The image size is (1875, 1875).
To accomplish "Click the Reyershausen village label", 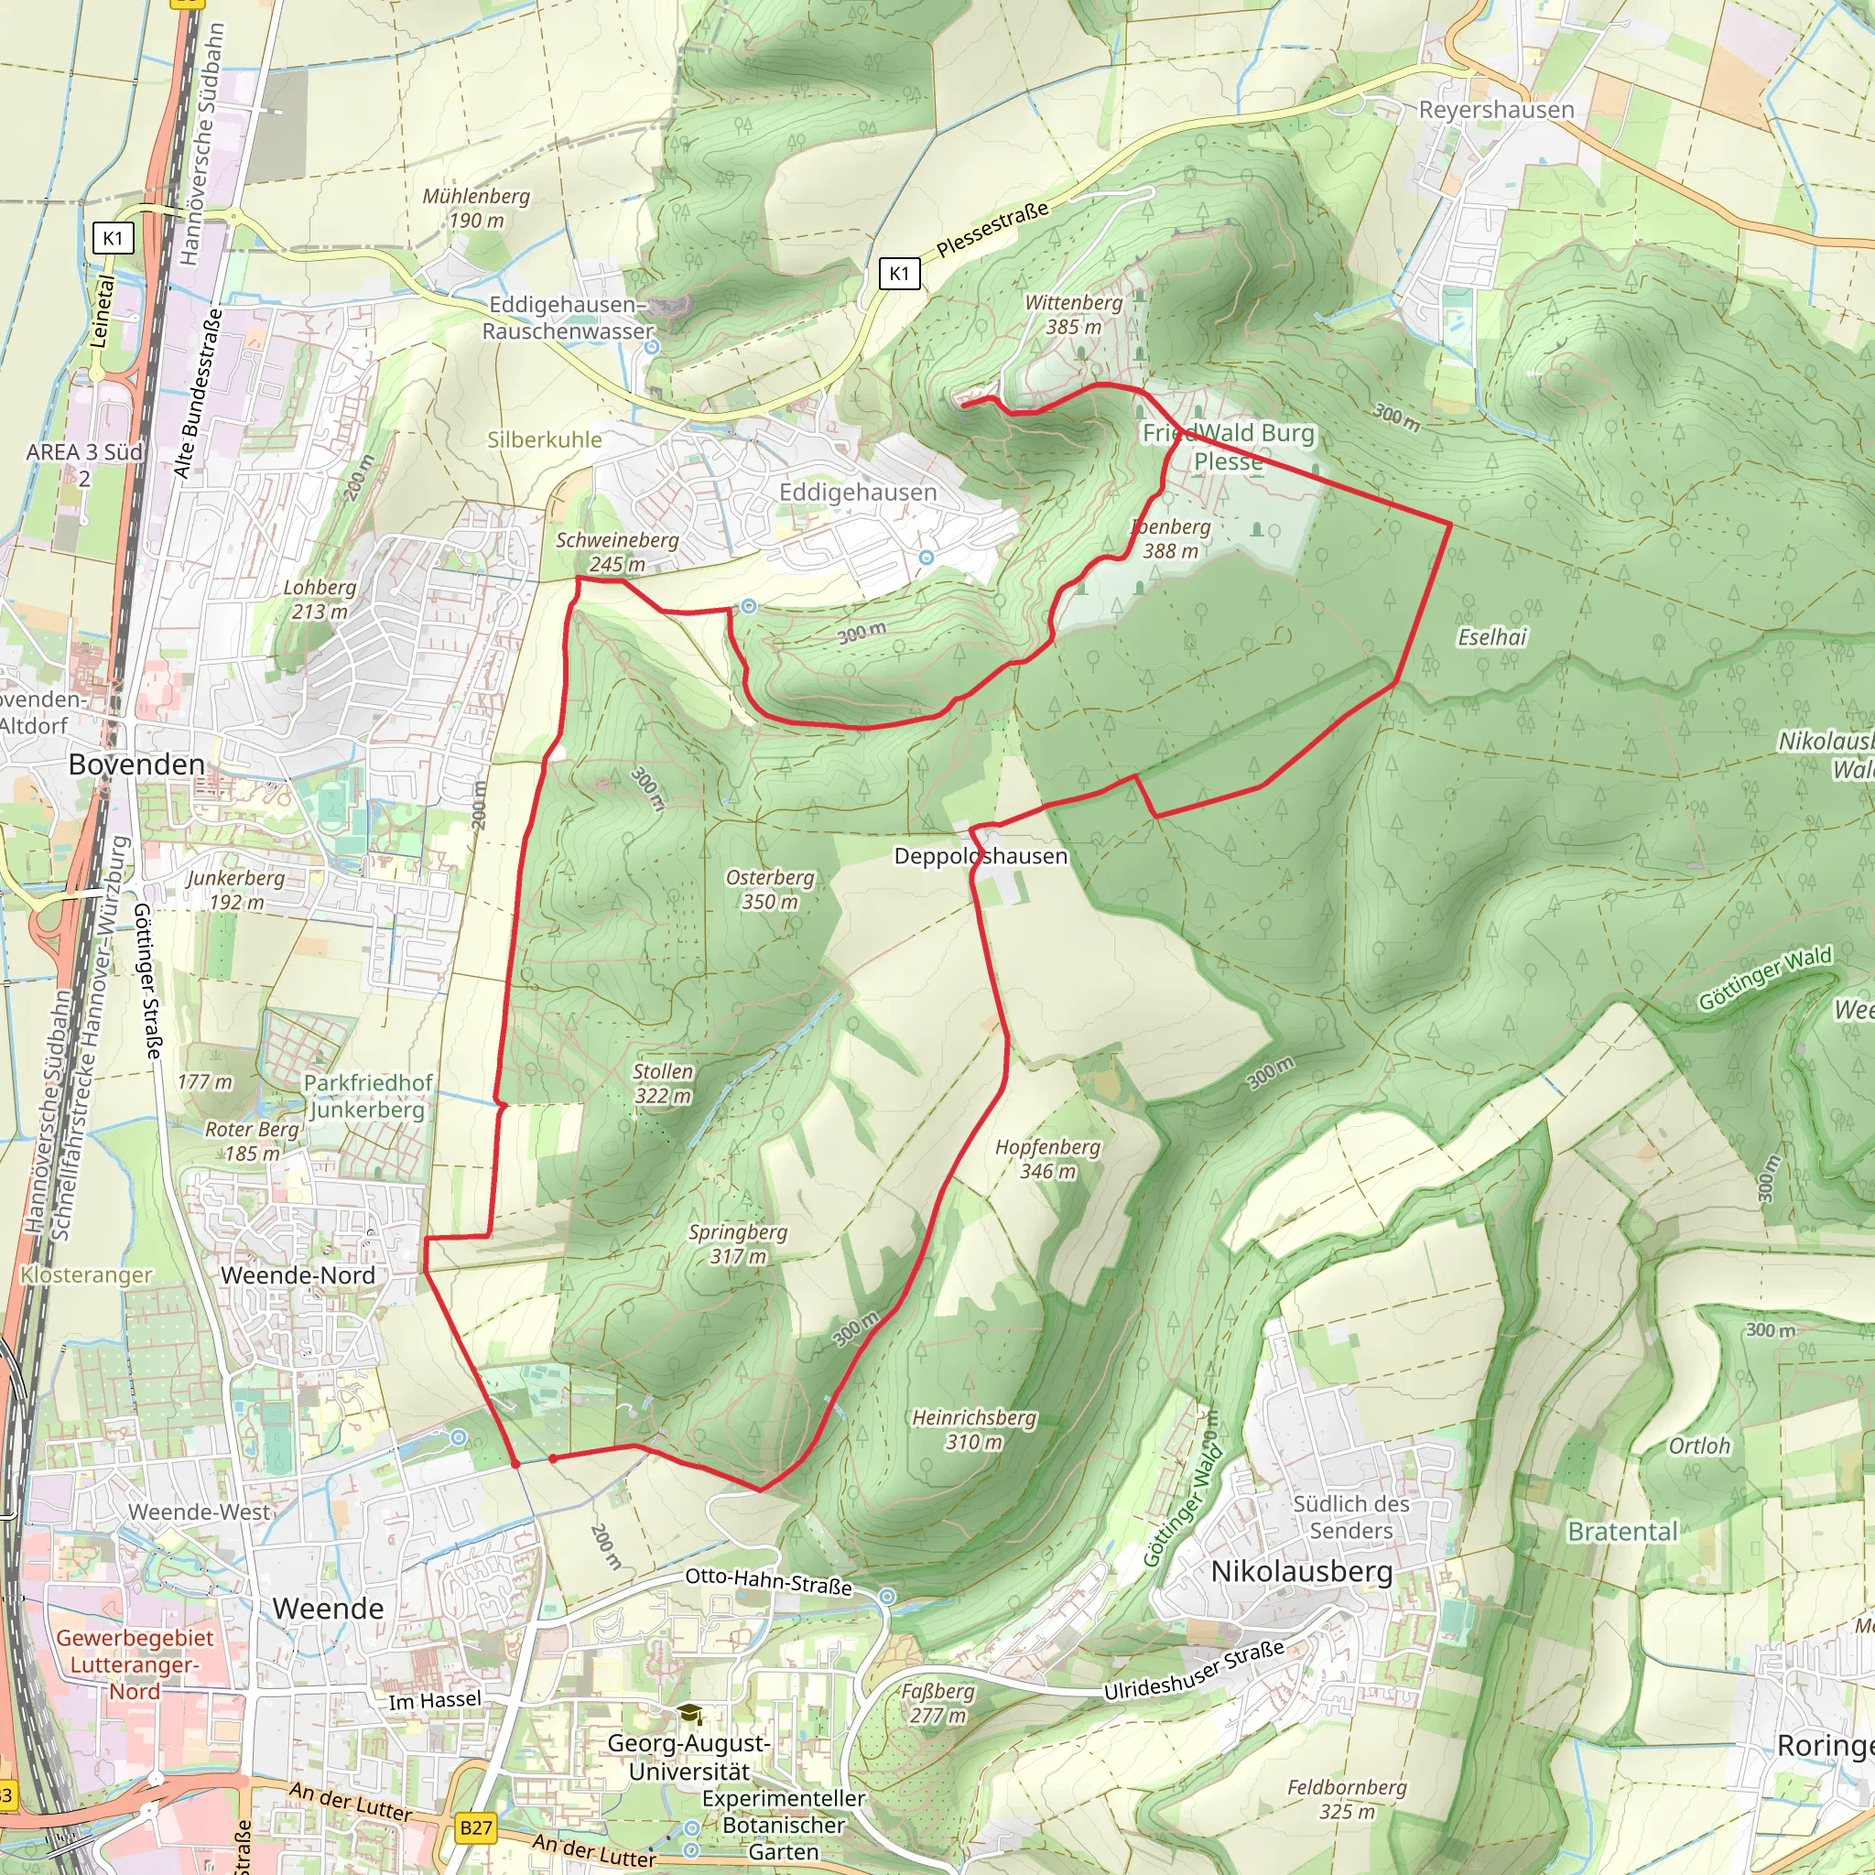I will pos(1496,110).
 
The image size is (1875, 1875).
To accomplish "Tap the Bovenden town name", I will pos(135,764).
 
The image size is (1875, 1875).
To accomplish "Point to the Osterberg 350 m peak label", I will pos(770,889).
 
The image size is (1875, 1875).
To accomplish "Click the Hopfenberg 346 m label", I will pos(1047,1159).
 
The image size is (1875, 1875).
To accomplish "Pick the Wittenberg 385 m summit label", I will pos(1072,314).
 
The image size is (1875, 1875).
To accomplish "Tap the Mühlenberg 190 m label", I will pos(475,208).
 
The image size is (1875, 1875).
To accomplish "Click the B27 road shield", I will pos(475,1828).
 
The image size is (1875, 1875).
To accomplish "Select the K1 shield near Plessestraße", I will pos(899,274).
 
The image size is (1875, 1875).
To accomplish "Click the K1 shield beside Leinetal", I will pos(112,238).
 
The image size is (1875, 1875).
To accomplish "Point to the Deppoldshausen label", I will pos(981,856).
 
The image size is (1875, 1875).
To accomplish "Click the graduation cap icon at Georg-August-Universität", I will pos(689,1715).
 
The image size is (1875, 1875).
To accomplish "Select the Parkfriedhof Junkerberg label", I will pos(368,1096).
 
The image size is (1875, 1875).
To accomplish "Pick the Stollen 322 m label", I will pos(663,1083).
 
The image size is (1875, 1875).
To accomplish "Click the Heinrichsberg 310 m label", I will pos(973,1429).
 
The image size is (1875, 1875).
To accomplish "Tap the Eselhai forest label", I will pos(1491,636).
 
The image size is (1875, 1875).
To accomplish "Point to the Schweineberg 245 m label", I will pos(616,551).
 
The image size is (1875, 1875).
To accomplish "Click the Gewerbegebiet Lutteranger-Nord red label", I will pos(134,1664).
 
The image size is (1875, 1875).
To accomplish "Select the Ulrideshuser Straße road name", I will pos(1194,1669).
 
